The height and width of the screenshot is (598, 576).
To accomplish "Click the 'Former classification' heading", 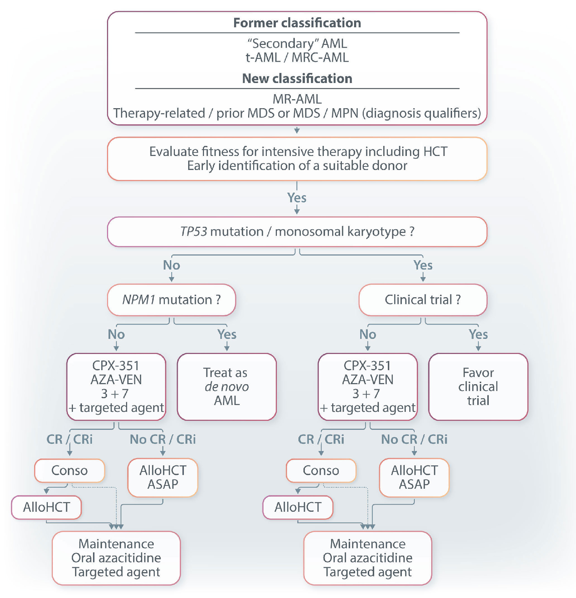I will pos(297,23).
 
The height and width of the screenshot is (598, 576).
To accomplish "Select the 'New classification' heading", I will pos(297,79).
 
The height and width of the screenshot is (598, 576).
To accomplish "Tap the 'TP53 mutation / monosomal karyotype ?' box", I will pos(297,232).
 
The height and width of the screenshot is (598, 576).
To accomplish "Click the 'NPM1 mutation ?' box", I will pos(171,300).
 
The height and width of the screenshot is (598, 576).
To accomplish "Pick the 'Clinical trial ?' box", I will pos(423,300).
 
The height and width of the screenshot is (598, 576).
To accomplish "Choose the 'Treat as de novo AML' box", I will pos(227,387).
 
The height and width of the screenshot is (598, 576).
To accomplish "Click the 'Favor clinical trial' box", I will pos(478,387).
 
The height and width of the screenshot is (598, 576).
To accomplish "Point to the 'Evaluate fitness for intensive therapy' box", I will pos(297,158).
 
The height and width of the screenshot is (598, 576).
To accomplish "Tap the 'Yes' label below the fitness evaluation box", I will pos(297,198).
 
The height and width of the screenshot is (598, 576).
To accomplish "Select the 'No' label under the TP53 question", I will pos(171,265).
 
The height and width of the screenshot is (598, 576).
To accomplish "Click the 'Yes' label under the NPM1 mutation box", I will pos(227,335).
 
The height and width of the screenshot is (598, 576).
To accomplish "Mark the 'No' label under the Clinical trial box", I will pos(368,335).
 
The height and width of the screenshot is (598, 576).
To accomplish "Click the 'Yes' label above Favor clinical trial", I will pos(478,335).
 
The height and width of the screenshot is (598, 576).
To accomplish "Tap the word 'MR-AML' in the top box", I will pos(297,99).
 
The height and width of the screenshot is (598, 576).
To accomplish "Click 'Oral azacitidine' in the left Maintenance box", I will pos(116,558).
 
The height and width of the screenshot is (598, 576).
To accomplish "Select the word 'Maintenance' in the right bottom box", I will pos(368,544).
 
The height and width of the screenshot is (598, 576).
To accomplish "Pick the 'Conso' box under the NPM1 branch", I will pos(69,470).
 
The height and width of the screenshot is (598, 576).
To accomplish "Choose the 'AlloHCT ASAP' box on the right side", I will pos(414,477).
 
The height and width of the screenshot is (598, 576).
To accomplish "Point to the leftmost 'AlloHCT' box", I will pos(46,507).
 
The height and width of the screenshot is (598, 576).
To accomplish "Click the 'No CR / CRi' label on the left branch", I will pos(163,439).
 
